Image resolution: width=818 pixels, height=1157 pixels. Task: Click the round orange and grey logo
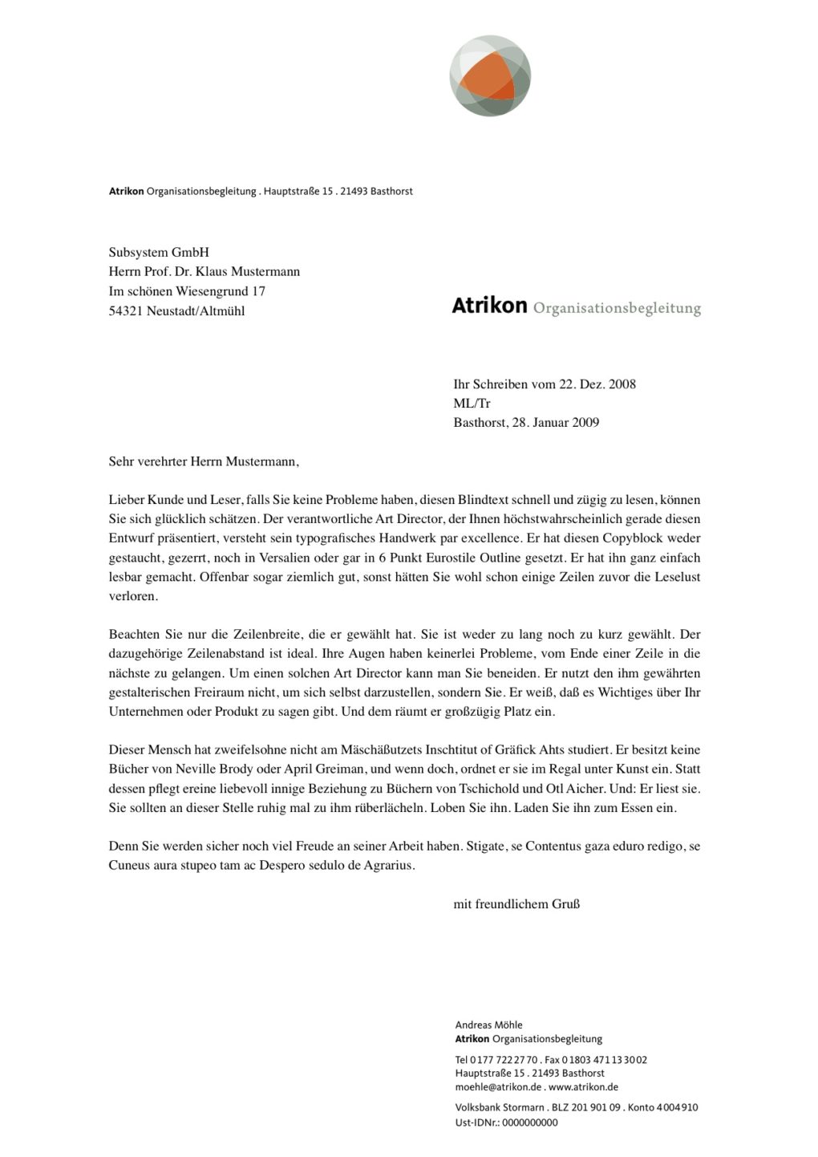[490, 77]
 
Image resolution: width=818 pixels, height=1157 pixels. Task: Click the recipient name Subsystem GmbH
[159, 252]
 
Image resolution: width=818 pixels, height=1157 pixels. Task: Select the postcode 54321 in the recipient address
[126, 311]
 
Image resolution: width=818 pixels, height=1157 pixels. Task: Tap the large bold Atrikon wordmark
[489, 306]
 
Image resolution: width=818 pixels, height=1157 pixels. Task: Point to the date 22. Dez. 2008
[597, 384]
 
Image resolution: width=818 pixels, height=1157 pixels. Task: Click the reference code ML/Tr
[472, 404]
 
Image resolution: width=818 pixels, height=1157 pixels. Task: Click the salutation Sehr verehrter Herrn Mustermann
[204, 461]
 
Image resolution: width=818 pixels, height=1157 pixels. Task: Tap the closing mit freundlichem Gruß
[516, 904]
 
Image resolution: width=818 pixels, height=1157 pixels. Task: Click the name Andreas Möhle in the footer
[488, 1025]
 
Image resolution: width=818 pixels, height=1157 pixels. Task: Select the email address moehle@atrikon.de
[497, 1087]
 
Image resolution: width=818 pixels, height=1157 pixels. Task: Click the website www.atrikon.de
[583, 1087]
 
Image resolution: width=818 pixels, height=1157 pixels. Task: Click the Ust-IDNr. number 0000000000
[529, 1122]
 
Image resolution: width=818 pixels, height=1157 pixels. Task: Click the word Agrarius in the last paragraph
[389, 866]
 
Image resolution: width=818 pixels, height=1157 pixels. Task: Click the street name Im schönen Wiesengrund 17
[187, 291]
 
